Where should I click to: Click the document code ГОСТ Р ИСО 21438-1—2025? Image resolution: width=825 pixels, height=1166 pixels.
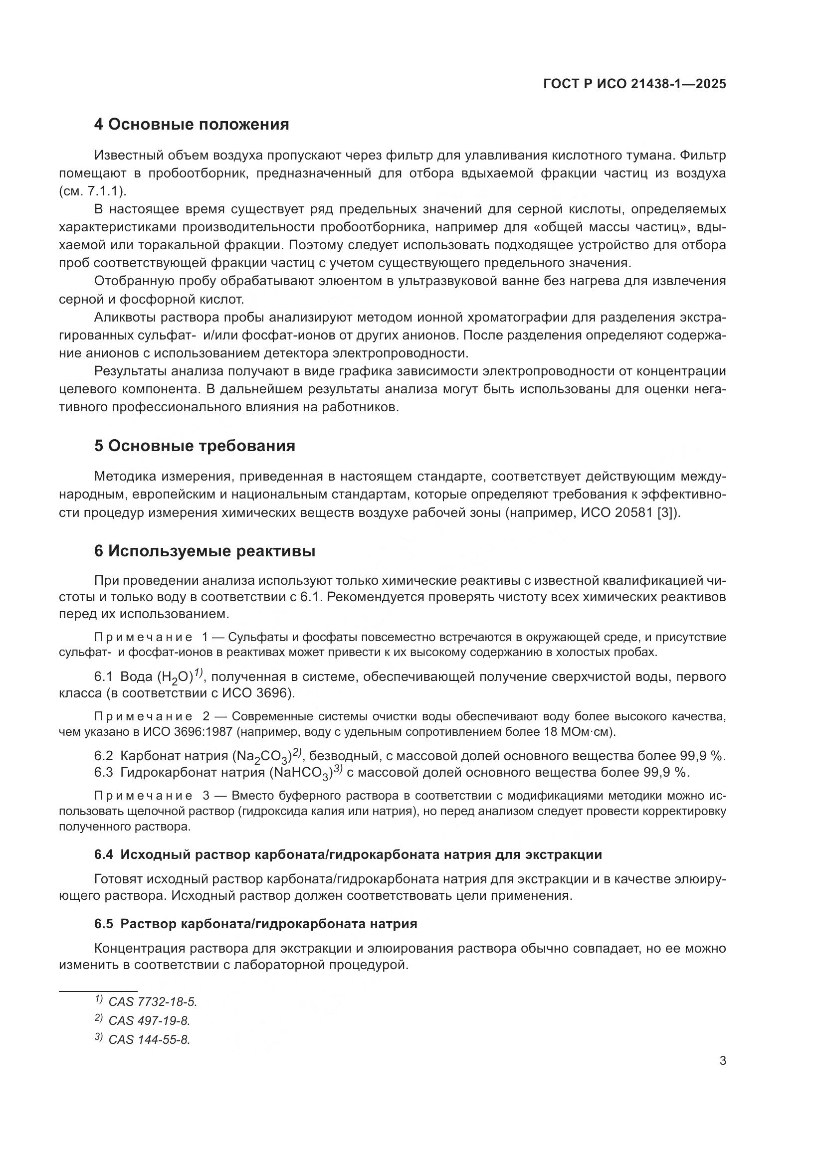(634, 84)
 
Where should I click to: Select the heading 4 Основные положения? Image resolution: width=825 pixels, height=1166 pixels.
(192, 125)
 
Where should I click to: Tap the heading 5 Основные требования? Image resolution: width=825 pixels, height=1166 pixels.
(195, 446)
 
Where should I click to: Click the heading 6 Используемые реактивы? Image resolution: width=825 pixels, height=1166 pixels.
(205, 551)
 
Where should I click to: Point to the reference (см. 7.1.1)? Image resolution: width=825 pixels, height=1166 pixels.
(92, 191)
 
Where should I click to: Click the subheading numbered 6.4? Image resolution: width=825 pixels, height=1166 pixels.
(348, 855)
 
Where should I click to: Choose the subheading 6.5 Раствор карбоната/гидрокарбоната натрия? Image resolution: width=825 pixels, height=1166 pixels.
(255, 924)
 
